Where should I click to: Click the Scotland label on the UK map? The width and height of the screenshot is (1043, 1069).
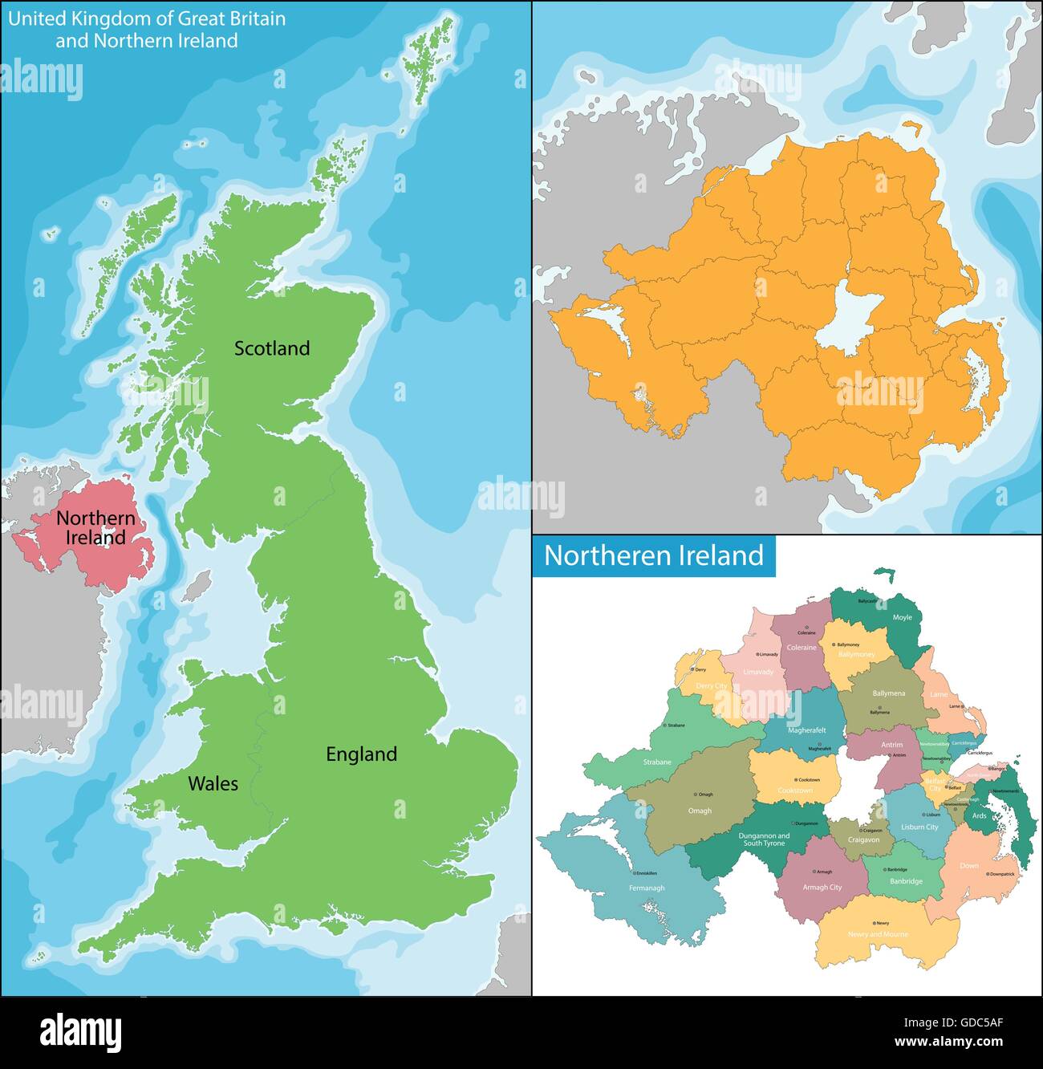coord(272,348)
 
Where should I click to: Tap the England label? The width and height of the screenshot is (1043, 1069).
coord(361,754)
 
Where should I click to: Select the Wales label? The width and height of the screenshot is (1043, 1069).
coord(213,783)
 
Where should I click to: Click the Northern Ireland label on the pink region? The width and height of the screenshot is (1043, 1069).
coord(95,528)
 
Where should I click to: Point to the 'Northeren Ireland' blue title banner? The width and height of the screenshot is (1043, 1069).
coord(654,555)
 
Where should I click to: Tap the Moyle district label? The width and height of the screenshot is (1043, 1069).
coord(903,618)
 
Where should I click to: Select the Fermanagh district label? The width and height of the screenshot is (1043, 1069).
coord(647,888)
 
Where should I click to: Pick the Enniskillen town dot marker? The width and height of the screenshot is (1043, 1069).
coord(634,873)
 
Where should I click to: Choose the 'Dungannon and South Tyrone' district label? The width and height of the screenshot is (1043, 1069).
coord(764,839)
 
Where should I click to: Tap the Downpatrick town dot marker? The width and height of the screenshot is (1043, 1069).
coord(986,874)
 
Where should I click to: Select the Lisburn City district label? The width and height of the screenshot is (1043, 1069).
coord(919,827)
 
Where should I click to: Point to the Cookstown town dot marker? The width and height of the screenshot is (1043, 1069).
coord(796,780)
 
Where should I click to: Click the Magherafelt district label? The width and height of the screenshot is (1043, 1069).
coord(806,731)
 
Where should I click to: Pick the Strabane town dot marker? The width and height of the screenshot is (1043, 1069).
coord(664,726)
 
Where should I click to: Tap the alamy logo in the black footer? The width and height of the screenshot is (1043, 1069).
coord(81,1030)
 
